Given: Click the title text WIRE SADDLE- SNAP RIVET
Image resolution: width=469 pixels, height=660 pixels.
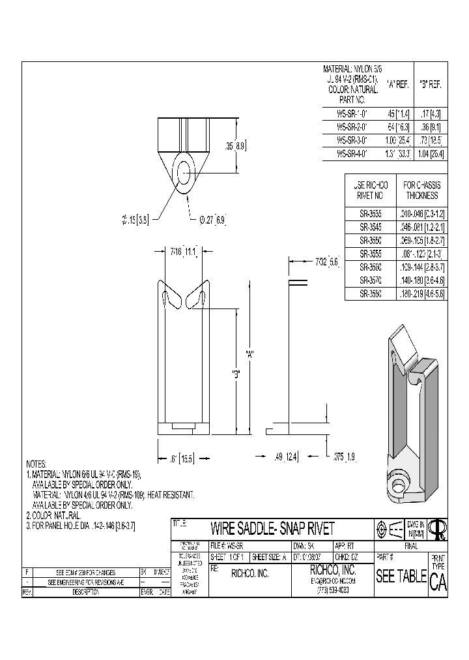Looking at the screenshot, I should coord(272,528).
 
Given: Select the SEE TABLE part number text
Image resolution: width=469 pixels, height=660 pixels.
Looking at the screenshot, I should coord(400,576).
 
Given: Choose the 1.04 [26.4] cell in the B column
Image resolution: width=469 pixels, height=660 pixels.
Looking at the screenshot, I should coord(430,155).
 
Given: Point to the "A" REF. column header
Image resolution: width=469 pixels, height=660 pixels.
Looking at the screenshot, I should coord(398,84).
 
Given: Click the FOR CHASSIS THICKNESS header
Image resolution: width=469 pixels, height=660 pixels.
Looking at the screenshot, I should coord(421,190).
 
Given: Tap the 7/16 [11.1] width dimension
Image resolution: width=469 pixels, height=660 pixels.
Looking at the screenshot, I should coord(183,250).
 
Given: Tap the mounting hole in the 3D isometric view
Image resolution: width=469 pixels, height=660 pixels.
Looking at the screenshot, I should coord(397,485).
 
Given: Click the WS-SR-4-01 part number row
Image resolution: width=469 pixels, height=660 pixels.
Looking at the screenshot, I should coord(351,155).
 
